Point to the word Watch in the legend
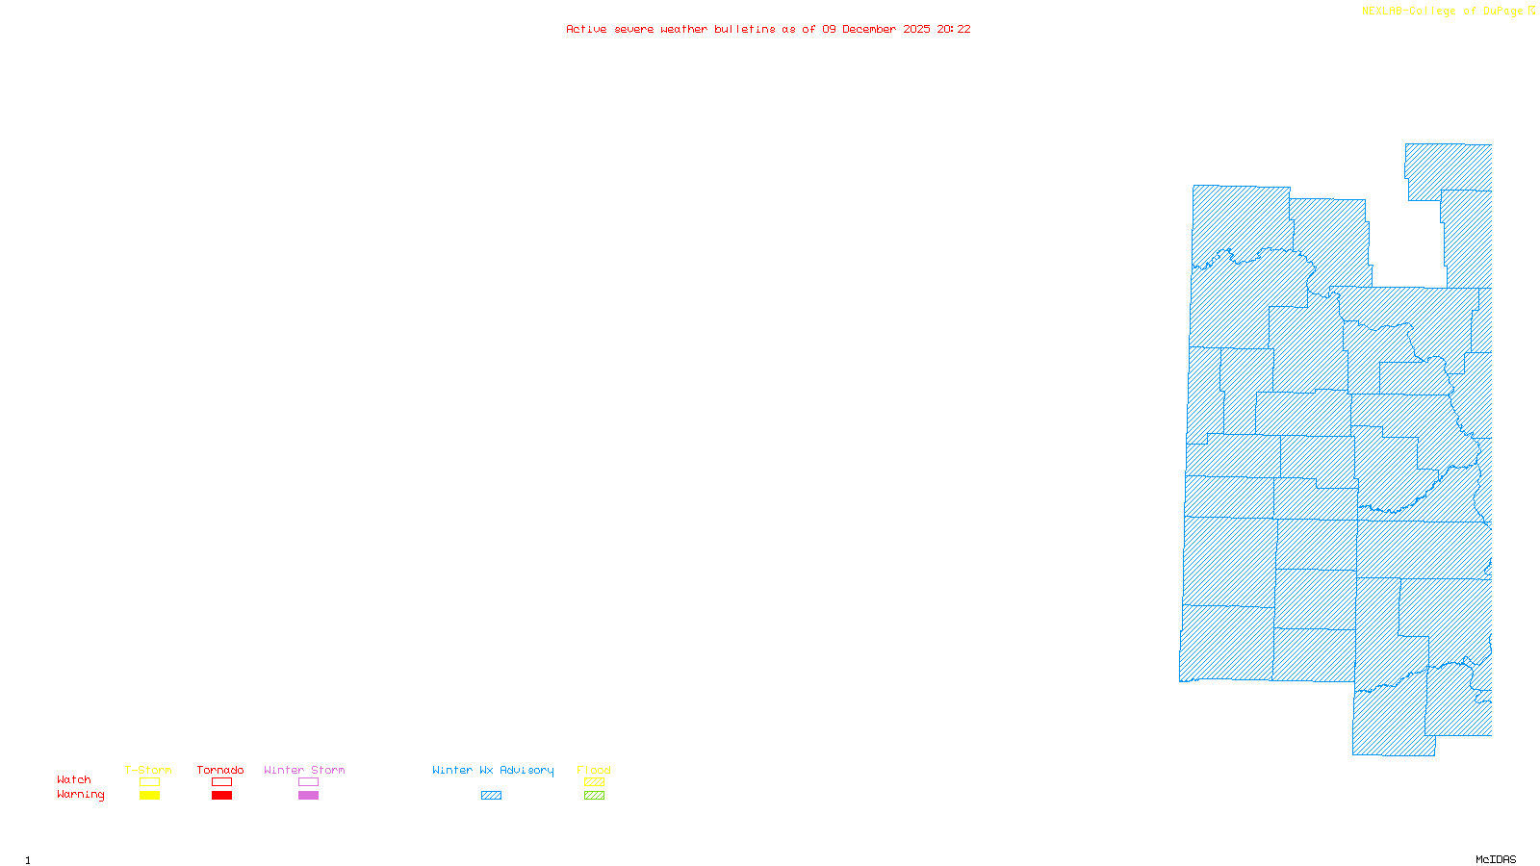tap(74, 779)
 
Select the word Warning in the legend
tap(81, 795)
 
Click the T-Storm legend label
tap(148, 770)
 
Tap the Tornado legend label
tap(220, 770)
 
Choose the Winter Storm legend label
tap(304, 770)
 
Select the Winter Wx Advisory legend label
tap(493, 770)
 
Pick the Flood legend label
tap(594, 770)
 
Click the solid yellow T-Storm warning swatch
tap(149, 796)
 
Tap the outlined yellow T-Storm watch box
tap(149, 782)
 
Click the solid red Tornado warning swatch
tap(222, 796)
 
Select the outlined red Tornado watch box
tap(222, 782)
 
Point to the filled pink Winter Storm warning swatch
tap(308, 796)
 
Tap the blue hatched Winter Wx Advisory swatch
tap(491, 796)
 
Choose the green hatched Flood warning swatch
tap(595, 796)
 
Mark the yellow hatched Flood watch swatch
tap(595, 782)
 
